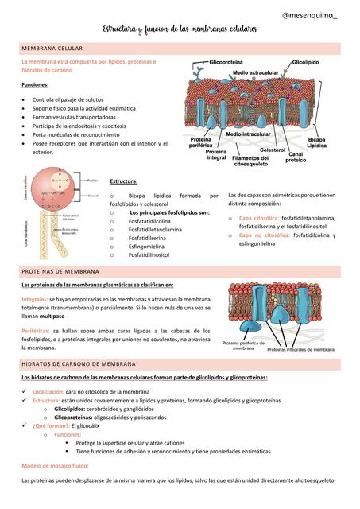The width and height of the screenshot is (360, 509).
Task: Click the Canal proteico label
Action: click(x=296, y=157)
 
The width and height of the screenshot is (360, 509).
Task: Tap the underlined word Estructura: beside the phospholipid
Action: click(x=124, y=181)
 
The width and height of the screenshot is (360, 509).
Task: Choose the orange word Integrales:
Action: click(x=35, y=298)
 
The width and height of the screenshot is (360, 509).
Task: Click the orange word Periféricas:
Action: click(x=37, y=329)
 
